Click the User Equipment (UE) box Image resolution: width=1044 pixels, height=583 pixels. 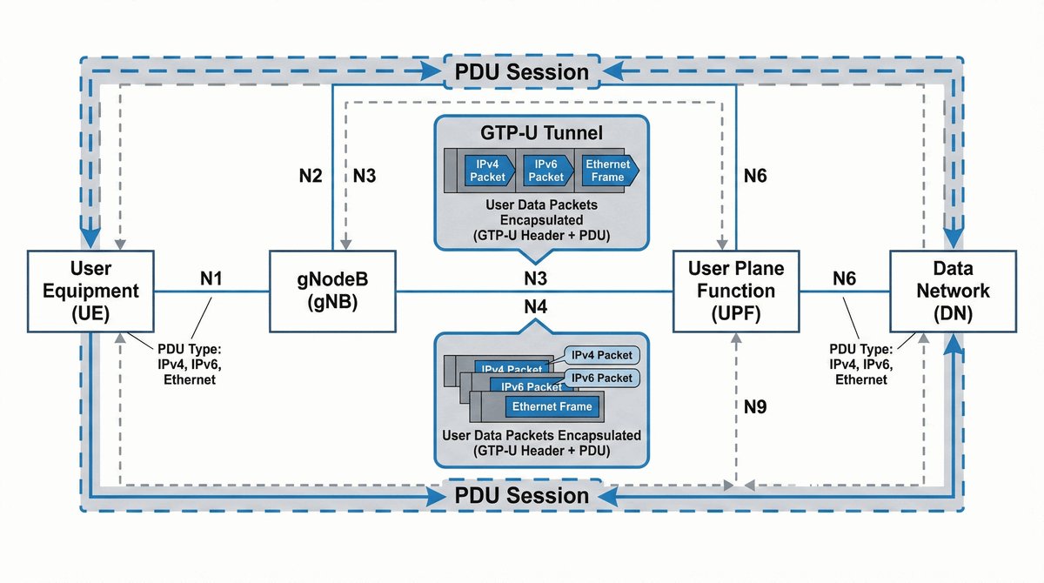point(90,291)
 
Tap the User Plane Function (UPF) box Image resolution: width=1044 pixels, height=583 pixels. point(736,291)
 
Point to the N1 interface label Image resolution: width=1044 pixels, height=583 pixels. point(211,278)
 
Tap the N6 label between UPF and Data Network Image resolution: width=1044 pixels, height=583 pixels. point(844,278)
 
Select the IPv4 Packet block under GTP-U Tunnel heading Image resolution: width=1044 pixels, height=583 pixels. point(487,171)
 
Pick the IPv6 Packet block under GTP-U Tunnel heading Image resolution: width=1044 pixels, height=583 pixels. point(545,171)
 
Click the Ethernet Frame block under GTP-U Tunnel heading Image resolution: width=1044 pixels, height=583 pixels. point(608,171)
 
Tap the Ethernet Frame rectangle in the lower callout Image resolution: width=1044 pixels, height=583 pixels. point(552,406)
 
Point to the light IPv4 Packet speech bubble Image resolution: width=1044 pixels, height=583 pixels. point(601,355)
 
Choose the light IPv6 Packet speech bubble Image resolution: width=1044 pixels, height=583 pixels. point(601,378)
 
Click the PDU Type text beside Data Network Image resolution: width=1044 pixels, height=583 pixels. point(861,365)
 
